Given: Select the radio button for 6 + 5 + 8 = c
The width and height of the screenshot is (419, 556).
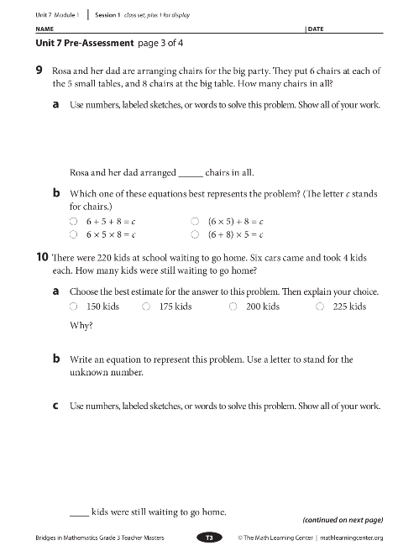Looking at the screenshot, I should (x=74, y=217).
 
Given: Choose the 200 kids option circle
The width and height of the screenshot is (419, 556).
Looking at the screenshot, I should (x=233, y=307).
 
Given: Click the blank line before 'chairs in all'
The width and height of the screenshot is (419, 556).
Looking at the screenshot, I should (x=190, y=175).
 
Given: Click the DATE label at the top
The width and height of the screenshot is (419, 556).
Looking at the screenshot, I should (x=317, y=29).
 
